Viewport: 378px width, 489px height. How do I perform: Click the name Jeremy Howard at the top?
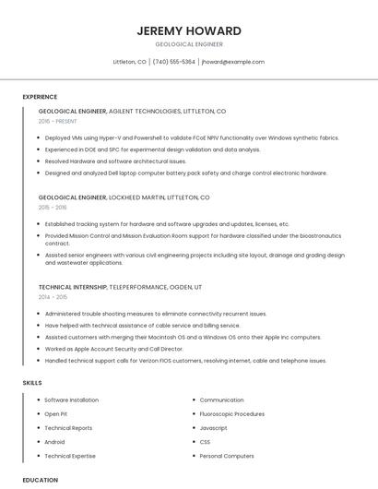[x=189, y=30]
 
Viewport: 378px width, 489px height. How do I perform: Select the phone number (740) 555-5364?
[x=174, y=62]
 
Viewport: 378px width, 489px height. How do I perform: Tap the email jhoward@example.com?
[x=232, y=62]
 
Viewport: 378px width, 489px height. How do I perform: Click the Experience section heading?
[x=40, y=97]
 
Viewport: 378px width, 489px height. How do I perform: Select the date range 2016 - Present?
[x=58, y=122]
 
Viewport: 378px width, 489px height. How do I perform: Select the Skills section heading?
[x=32, y=382]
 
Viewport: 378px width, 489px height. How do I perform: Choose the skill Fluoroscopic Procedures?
[x=231, y=414]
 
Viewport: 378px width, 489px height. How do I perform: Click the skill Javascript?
[x=213, y=428]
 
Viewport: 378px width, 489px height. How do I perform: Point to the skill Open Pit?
[x=56, y=414]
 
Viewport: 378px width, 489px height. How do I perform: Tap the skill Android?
[x=54, y=442]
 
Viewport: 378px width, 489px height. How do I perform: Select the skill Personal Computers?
[x=227, y=456]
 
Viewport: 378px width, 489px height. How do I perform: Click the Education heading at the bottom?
[x=40, y=480]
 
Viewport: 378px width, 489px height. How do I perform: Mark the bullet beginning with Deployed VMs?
[x=192, y=137]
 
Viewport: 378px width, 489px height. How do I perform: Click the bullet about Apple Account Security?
[x=113, y=349]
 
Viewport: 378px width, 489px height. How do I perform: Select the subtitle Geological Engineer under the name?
[x=189, y=44]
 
